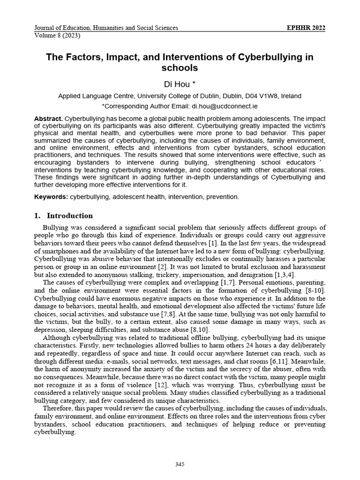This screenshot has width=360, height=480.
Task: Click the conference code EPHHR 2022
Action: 306,28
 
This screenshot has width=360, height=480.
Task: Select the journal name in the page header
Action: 106,28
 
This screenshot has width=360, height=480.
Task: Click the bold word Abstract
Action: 48,119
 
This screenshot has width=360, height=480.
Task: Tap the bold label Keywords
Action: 51,196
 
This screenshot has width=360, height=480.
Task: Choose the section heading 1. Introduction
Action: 63,216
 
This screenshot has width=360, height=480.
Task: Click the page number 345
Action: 180,465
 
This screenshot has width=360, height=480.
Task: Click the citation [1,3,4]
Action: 280,274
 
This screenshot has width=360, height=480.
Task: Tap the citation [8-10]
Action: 316,291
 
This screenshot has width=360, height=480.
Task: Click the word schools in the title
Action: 180,68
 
